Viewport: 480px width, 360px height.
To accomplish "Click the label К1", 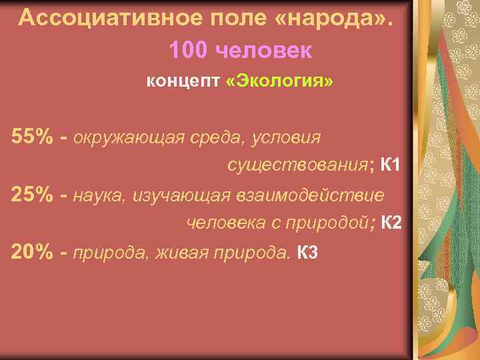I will tap(390, 165).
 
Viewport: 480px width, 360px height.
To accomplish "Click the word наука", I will tap(100, 195).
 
